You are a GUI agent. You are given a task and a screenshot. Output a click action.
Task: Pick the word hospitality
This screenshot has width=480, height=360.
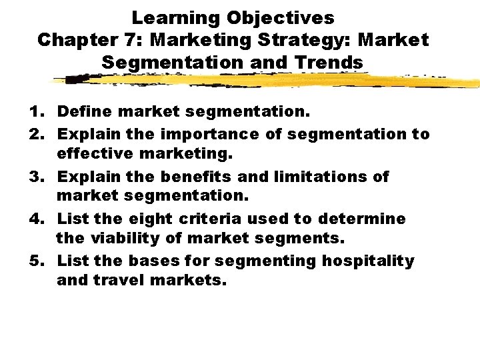369,261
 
